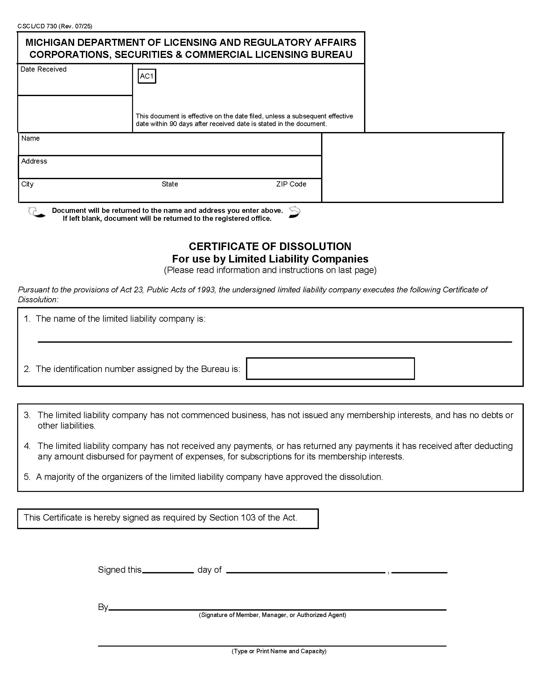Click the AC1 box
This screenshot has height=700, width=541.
[x=147, y=76]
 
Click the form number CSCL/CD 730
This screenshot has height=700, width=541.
[x=37, y=26]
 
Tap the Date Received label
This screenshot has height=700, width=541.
[x=43, y=69]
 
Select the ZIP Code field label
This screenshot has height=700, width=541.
[x=291, y=184]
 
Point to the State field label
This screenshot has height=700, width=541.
[x=170, y=184]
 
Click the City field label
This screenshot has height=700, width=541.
[x=27, y=184]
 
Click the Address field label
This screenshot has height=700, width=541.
[x=34, y=161]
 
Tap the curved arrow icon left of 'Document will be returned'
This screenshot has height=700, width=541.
[x=36, y=213]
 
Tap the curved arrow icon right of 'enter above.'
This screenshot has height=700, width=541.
[x=294, y=212]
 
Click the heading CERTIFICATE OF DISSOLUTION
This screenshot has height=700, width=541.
[x=270, y=246]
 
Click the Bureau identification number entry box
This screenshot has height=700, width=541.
[x=330, y=368]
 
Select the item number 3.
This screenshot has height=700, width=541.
[x=27, y=415]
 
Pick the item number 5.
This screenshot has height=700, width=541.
[x=27, y=477]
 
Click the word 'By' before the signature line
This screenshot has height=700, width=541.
[x=103, y=607]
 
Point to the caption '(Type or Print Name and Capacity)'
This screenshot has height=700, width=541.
[x=279, y=651]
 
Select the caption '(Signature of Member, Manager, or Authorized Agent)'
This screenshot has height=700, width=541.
[x=272, y=615]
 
